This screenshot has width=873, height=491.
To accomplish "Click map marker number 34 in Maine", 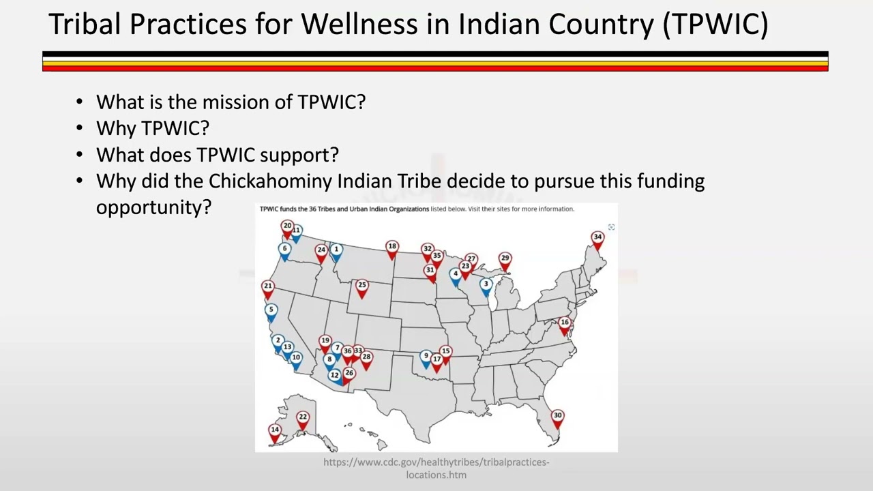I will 597,238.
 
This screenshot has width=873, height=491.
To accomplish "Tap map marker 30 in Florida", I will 557,417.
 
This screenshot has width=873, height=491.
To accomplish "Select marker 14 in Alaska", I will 275,430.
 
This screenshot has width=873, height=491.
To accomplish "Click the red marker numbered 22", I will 303,418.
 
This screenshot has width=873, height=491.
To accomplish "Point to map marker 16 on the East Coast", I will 565,323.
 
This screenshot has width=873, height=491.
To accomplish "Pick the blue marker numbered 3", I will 486,285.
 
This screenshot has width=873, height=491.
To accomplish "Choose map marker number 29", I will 505,259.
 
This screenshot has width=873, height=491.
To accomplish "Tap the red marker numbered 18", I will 392,248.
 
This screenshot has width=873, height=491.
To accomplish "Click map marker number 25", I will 362,286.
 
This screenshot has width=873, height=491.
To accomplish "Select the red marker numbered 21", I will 268,288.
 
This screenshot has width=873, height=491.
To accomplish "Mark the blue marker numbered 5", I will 271,311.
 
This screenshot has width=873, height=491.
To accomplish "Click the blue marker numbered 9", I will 426,357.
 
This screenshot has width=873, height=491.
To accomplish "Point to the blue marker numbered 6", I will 285,250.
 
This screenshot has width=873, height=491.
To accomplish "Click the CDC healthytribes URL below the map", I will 436,468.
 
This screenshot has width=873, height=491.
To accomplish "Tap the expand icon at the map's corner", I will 611,227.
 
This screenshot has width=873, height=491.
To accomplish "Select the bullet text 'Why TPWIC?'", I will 152,128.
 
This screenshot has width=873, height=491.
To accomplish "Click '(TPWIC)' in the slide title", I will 715,25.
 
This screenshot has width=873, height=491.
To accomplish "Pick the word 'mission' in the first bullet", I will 230,102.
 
